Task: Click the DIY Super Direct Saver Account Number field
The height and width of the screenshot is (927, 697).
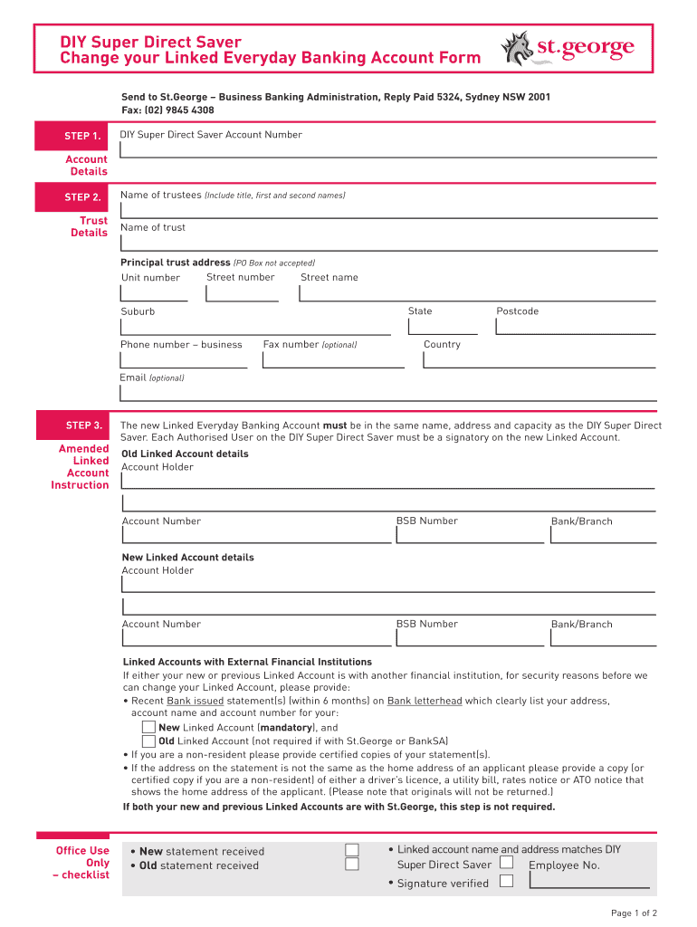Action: (x=388, y=149)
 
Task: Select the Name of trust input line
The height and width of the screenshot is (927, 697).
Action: (x=388, y=244)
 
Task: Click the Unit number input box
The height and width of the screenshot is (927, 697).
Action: (x=154, y=293)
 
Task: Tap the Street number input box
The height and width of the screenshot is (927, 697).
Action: (x=241, y=293)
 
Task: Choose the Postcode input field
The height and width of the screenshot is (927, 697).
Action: (x=576, y=327)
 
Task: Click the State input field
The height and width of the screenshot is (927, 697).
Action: (x=443, y=327)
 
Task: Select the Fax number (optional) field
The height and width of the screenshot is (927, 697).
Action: (x=333, y=360)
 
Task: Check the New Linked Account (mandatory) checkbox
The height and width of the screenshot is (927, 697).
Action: (x=148, y=728)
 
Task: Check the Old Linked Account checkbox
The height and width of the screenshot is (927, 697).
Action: (x=148, y=741)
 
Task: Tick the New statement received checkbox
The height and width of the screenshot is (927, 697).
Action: (x=352, y=850)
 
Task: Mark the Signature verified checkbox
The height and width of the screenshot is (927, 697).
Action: (x=506, y=881)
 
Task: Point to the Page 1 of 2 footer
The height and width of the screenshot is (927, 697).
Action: (x=634, y=913)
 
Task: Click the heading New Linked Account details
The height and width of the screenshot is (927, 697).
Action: (x=187, y=558)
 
